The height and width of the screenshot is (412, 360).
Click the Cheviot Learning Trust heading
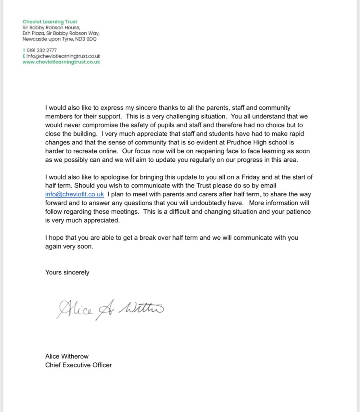(50, 22)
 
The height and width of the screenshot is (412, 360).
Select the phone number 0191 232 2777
(41, 51)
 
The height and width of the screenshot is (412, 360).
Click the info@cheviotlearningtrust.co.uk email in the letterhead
(63, 57)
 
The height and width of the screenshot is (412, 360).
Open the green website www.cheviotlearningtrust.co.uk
(61, 62)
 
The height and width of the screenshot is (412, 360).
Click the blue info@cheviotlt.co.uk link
(74, 194)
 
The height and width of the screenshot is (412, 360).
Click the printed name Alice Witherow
(67, 356)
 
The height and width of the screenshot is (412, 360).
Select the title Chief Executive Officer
(79, 365)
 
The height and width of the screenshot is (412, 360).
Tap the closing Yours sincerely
(67, 272)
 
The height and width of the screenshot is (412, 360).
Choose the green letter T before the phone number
(24, 51)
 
